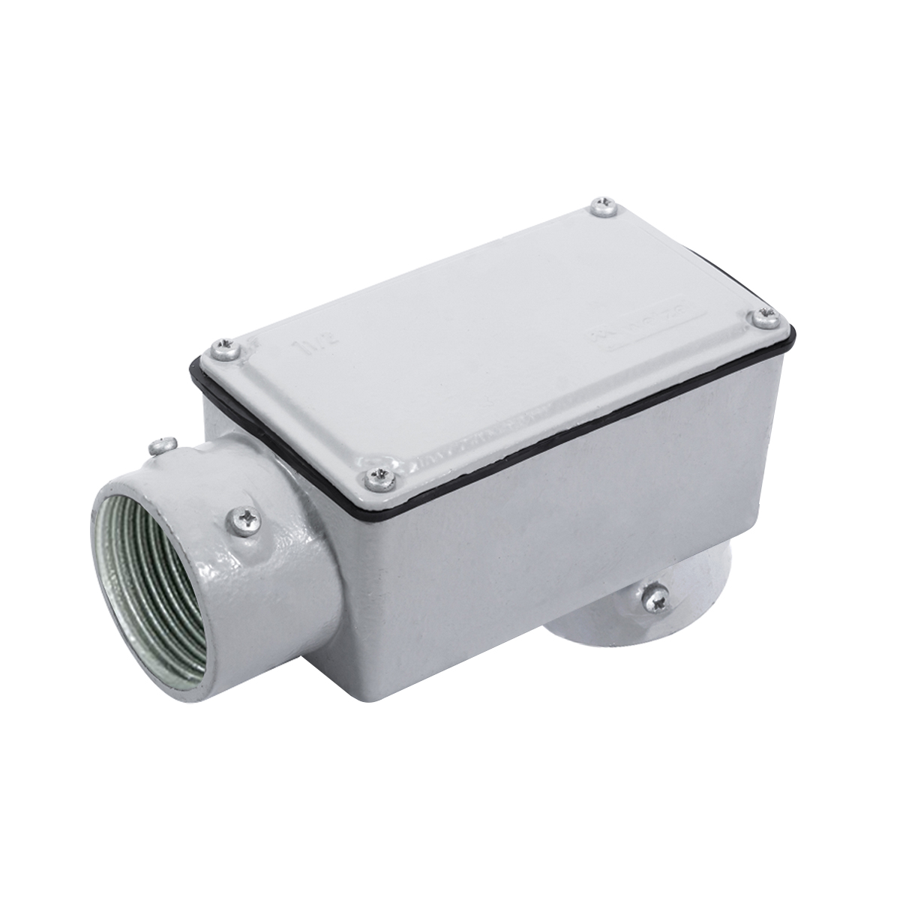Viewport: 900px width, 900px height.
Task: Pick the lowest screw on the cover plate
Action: pyautogui.click(x=379, y=474)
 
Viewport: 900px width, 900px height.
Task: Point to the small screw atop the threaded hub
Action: pyautogui.click(x=158, y=448)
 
